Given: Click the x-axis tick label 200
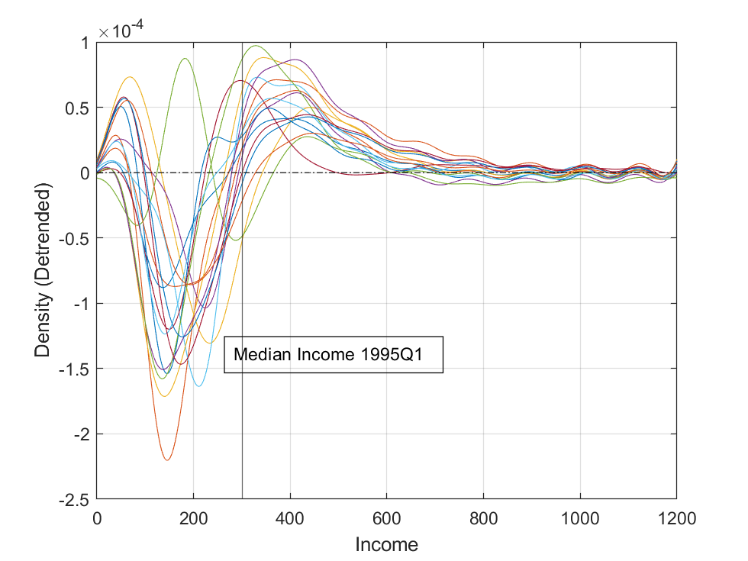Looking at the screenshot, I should tap(193, 519).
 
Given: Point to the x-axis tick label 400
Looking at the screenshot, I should tap(290, 519).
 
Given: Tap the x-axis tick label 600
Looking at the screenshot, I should tap(386, 519).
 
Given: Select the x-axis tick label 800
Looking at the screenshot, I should tap(483, 519).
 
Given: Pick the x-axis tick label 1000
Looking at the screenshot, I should tap(579, 519).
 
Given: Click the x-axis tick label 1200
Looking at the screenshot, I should tap(676, 519).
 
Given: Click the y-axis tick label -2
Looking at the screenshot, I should tap(79, 434).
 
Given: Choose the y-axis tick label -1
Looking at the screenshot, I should tap(79, 304).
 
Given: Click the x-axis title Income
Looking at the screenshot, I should tap(386, 544).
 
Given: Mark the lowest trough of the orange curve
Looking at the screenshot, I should tap(166, 460).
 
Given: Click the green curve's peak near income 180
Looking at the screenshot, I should tap(185, 59).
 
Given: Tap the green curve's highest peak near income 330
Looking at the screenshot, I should tap(256, 45).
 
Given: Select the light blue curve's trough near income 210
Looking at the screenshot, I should tap(198, 386).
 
